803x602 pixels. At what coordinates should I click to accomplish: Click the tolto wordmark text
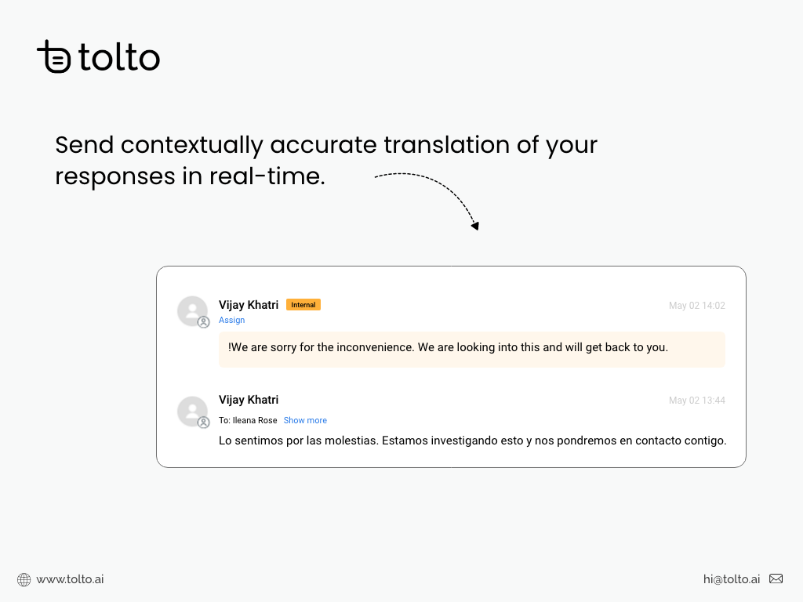119,58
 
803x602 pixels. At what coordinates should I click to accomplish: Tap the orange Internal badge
303,305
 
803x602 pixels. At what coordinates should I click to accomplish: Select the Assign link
232,320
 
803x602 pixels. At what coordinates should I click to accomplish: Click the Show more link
305,420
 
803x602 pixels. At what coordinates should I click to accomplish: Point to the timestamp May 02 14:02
696,306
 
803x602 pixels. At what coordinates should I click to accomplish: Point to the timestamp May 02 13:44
696,401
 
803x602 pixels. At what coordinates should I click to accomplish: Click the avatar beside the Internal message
192,311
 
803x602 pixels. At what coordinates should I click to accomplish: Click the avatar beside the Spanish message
192,412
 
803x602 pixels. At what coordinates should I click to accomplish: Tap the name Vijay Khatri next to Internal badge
249,305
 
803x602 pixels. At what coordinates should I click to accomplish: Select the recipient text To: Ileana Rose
248,420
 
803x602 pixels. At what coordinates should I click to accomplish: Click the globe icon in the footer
24,580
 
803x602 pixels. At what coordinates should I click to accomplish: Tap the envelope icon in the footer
776,579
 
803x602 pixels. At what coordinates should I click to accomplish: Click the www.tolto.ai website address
70,579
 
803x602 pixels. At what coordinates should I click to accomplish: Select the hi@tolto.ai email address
732,579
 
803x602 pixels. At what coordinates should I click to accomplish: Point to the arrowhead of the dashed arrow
474,226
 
